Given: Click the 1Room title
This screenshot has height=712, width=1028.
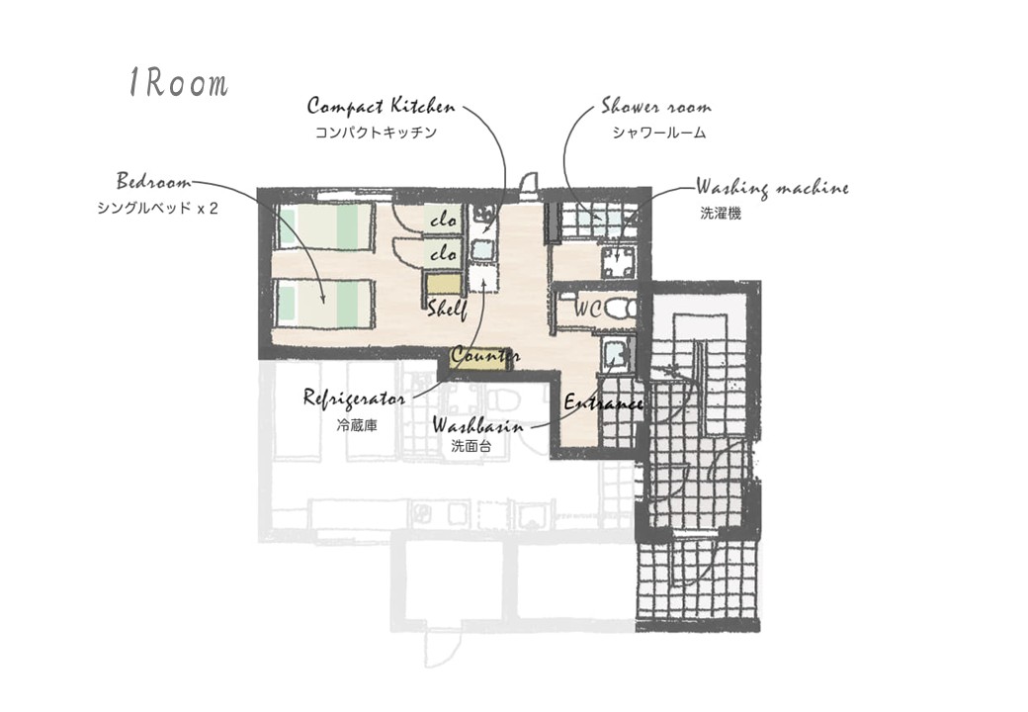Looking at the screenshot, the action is [178, 83].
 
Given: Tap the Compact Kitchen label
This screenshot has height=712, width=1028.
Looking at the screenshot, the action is [381, 106].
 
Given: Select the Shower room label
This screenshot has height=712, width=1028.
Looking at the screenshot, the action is [656, 106].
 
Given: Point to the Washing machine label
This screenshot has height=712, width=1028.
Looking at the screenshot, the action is [772, 188].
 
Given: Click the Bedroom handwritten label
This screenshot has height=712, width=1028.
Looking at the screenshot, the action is [155, 181].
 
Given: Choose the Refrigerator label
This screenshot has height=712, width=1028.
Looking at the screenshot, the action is [354, 399].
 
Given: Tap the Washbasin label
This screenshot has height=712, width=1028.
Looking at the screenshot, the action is [478, 426].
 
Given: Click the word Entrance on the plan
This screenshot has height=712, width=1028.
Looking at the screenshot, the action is [603, 401].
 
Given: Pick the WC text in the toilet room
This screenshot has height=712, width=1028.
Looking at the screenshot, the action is [587, 309].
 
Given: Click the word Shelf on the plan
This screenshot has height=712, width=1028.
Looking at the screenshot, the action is [447, 309].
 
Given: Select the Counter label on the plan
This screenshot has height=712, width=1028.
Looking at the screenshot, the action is [485, 355].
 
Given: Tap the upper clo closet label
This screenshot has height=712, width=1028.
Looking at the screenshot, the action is [443, 220].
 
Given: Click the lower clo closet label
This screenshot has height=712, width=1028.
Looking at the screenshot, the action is [443, 252].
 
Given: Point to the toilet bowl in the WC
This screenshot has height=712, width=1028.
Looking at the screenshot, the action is [619, 309].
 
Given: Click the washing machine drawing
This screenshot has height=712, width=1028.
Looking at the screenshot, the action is [619, 263].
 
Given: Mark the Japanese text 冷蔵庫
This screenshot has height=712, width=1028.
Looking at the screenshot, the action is [357, 425].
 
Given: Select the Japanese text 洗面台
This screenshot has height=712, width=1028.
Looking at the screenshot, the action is [471, 447].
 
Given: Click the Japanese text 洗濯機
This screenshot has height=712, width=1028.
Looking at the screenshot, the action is [721, 213].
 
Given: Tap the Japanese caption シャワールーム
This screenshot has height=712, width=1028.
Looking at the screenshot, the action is [659, 133].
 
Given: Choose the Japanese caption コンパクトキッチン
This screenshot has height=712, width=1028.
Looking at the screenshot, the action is [377, 133].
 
